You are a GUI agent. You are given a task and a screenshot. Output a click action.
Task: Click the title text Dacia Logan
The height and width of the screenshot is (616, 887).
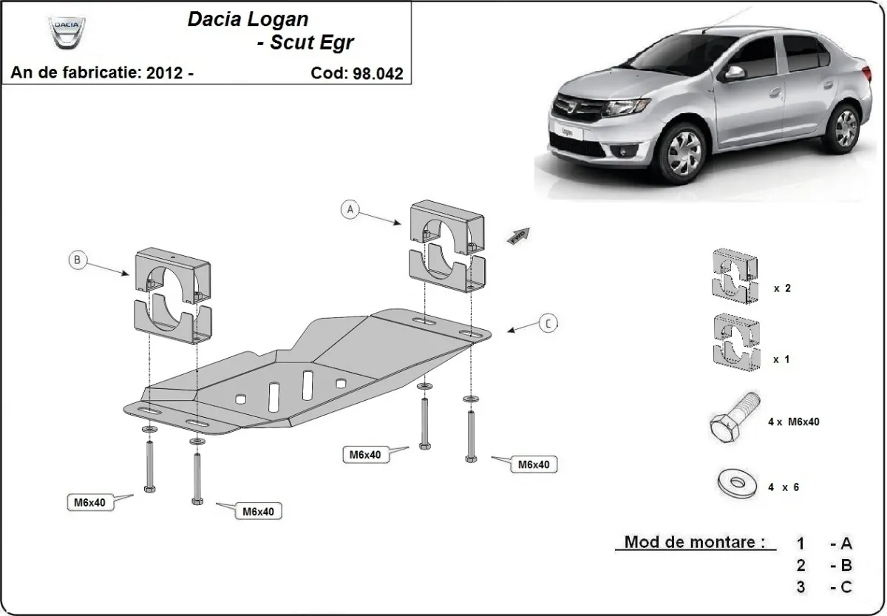tap(248, 19)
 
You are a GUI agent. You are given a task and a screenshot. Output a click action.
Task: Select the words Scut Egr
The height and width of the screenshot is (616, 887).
tap(305, 42)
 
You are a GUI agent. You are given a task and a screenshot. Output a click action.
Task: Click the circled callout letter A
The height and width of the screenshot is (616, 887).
tap(351, 209)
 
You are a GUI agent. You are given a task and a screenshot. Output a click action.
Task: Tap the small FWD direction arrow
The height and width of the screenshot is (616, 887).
tap(517, 235)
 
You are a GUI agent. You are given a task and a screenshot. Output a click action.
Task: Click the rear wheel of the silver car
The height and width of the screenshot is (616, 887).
tap(845, 126)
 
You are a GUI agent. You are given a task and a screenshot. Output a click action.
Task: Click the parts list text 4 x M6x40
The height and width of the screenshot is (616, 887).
tap(792, 422)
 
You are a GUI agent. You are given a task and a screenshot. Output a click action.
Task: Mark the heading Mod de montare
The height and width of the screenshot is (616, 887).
tap(694, 542)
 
